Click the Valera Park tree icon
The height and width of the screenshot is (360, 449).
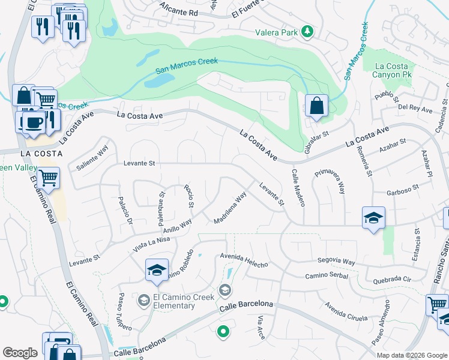[x=308, y=31]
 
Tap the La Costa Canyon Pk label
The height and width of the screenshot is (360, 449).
[x=391, y=70]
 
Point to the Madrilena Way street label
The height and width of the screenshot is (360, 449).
[x=231, y=208]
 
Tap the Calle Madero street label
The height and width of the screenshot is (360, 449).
[x=298, y=188]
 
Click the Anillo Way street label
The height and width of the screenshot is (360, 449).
[x=177, y=226]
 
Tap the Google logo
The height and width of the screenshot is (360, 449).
[x=20, y=353]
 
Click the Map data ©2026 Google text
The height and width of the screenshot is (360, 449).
[x=411, y=355]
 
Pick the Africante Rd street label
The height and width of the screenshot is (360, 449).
[x=179, y=9]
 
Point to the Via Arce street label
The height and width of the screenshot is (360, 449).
[x=261, y=326]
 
